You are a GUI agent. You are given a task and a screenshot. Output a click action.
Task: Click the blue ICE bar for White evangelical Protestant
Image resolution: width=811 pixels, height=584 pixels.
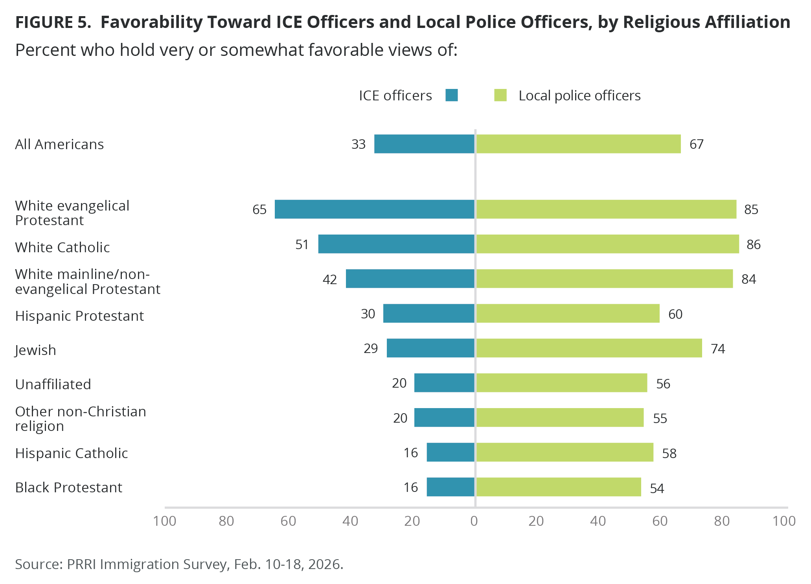click(x=374, y=209)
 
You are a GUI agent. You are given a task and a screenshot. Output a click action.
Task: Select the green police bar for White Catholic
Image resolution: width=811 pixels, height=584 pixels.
click(x=607, y=244)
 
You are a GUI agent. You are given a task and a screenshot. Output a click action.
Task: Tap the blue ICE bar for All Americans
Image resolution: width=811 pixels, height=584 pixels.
click(x=424, y=144)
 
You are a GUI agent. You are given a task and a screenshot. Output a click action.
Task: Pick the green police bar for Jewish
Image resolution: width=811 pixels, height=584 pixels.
click(x=589, y=348)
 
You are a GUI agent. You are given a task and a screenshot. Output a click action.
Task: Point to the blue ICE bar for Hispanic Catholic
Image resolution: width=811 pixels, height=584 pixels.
click(x=451, y=452)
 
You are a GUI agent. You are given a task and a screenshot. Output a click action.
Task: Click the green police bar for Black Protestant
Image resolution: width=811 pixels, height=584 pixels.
click(x=558, y=487)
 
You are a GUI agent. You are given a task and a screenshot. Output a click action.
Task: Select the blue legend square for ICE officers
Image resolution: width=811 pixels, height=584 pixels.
click(x=452, y=95)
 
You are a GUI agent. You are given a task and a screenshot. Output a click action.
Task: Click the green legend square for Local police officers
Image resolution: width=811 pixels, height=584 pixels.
click(x=500, y=95)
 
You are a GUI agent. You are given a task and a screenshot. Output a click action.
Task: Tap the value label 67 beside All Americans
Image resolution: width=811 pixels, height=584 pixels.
click(x=696, y=144)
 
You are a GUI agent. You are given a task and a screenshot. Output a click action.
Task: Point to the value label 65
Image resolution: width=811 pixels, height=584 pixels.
click(x=259, y=209)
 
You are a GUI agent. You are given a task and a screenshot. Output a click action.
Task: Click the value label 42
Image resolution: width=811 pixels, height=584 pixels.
click(x=330, y=279)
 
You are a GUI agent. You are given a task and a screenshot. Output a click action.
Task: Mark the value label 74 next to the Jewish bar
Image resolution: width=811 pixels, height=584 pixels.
click(x=718, y=349)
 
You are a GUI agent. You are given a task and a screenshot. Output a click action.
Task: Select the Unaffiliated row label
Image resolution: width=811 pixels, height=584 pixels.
click(x=53, y=384)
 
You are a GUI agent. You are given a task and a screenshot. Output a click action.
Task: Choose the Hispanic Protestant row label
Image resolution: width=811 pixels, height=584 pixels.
click(x=79, y=316)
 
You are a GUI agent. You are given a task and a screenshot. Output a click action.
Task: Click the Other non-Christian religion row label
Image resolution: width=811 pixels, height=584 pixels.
click(x=80, y=419)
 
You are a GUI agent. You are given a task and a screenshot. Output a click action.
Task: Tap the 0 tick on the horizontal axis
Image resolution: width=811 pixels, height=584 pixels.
click(x=474, y=521)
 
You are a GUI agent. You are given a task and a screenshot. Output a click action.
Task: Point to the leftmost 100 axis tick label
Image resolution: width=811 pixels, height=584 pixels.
click(x=164, y=521)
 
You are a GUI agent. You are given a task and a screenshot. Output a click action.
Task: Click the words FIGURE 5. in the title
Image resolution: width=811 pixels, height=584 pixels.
click(x=53, y=22)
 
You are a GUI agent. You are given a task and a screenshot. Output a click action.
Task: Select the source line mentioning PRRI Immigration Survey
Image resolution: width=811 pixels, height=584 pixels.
click(x=179, y=564)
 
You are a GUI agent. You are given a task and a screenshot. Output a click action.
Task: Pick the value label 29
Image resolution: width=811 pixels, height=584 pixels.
click(x=371, y=349)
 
